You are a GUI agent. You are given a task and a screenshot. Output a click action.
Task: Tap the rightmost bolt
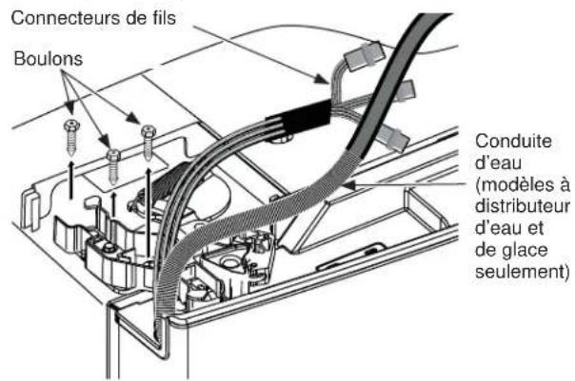(148, 140)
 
